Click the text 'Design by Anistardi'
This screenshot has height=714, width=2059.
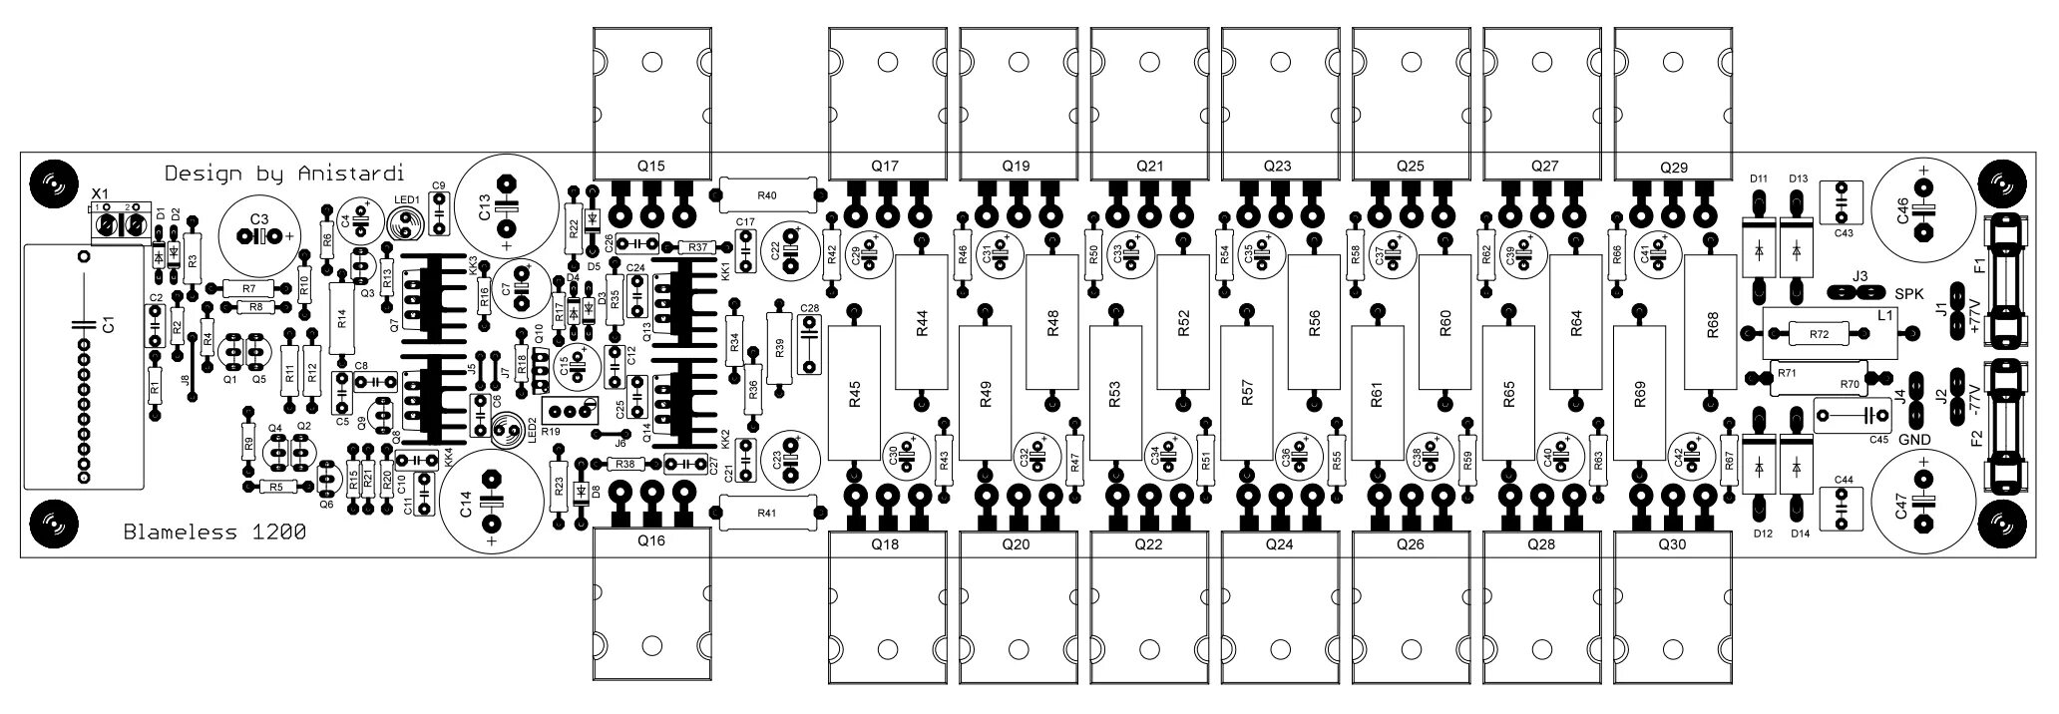point(283,173)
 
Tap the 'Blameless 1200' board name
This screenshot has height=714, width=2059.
point(214,533)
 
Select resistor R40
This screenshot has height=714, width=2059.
point(767,193)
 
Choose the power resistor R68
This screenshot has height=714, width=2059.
point(1713,323)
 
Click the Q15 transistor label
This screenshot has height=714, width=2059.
point(650,166)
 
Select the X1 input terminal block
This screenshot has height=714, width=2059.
point(116,224)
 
